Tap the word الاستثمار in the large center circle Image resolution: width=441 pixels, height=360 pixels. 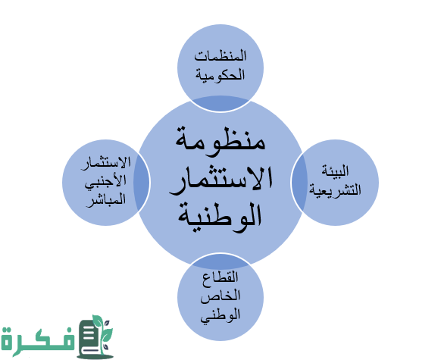[x=220, y=180]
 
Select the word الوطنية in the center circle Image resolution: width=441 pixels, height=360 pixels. [x=220, y=215]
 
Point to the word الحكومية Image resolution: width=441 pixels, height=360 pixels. [x=220, y=75]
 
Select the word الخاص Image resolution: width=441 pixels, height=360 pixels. [x=220, y=296]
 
